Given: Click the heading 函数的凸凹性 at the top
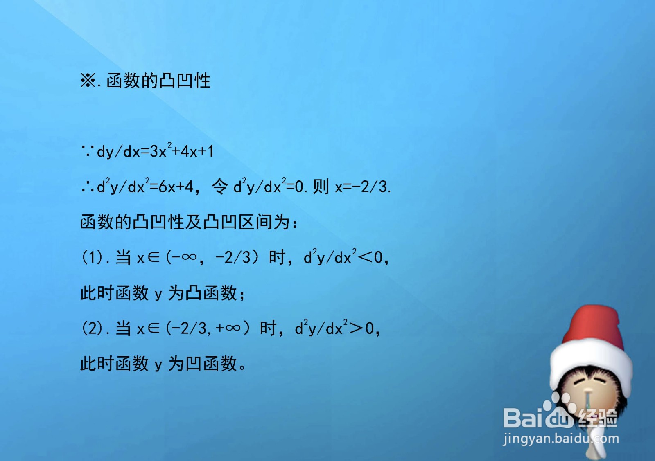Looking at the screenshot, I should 158,81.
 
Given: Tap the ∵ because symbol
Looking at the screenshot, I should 88,152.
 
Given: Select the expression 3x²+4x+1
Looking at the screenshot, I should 182,152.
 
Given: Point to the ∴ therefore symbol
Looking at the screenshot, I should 88,187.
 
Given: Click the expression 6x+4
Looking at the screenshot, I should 176,187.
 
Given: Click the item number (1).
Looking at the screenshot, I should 93,258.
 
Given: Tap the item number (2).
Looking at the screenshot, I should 93,328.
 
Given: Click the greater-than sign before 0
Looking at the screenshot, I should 356,328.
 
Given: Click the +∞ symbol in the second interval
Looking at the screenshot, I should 228,328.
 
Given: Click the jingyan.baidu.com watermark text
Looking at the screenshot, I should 561,439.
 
